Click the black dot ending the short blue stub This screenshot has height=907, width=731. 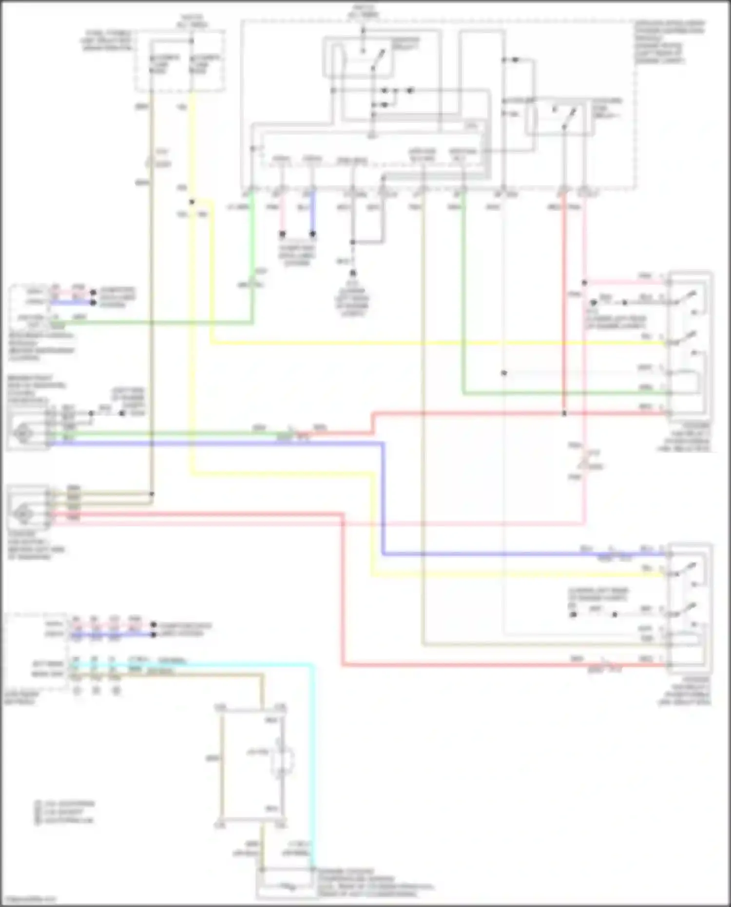click(312, 234)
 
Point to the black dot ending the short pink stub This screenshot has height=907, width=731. click(282, 234)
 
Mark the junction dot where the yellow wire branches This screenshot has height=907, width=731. click(192, 202)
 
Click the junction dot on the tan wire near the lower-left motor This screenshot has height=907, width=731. click(152, 494)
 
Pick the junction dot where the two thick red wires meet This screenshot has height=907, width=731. click(564, 414)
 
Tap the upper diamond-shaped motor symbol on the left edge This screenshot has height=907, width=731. click(22, 432)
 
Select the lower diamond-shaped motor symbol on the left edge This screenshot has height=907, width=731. click(22, 513)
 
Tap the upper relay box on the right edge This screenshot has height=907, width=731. click(690, 343)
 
